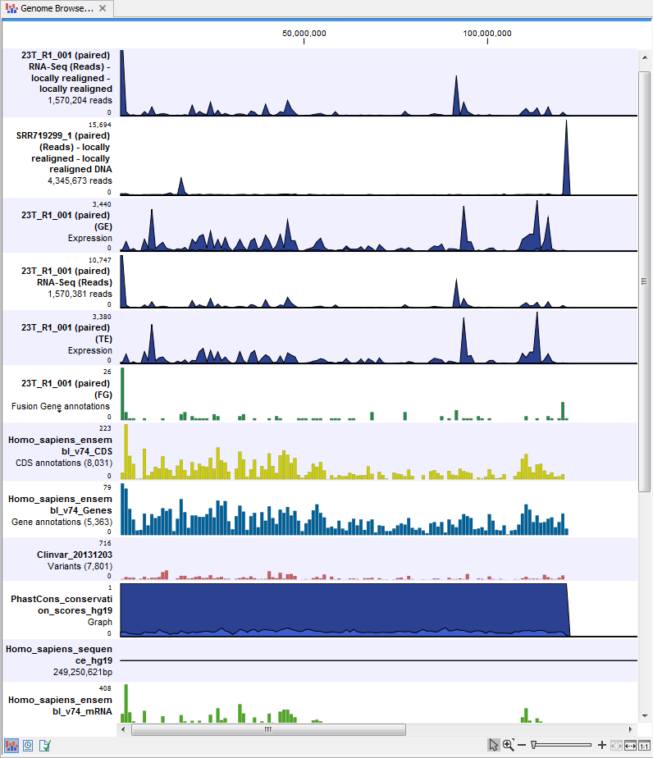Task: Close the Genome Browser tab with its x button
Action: (x=102, y=9)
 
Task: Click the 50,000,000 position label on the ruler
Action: (x=304, y=34)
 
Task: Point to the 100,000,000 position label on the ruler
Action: (x=487, y=34)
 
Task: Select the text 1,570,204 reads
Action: (x=80, y=100)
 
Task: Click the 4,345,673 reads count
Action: (x=80, y=180)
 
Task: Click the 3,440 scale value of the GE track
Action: (x=102, y=203)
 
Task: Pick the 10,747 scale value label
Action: (x=99, y=259)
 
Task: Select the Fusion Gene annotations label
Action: (x=60, y=406)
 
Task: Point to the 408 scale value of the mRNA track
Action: (x=104, y=688)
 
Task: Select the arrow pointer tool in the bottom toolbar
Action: (x=493, y=745)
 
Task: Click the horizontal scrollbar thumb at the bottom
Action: (x=267, y=728)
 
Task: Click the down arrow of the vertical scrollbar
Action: (x=645, y=715)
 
